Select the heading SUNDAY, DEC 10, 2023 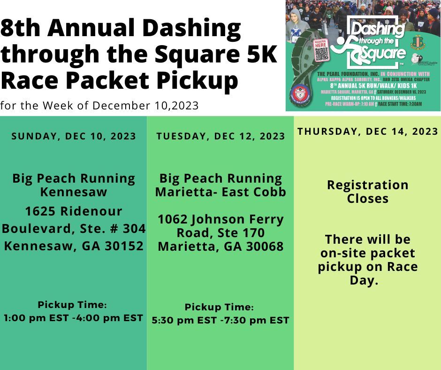[x=74, y=136]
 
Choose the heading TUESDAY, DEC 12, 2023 [x=220, y=136]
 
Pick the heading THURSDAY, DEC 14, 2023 [x=368, y=131]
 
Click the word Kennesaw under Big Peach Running [x=74, y=192]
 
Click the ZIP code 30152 [x=120, y=245]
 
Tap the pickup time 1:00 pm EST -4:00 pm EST [x=74, y=318]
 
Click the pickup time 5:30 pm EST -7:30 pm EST [x=220, y=320]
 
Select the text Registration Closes [x=368, y=192]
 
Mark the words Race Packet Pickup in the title [x=120, y=81]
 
